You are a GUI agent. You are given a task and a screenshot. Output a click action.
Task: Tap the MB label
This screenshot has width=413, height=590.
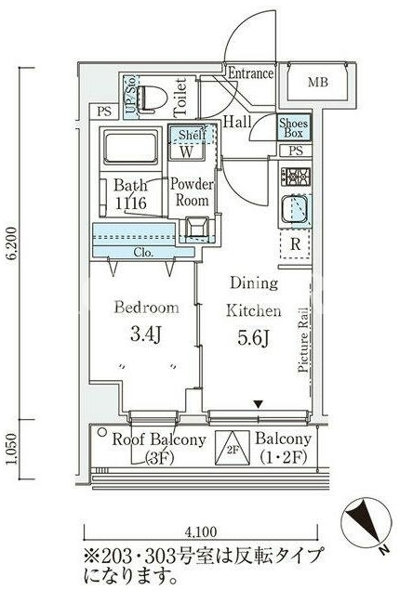[x=318, y=82]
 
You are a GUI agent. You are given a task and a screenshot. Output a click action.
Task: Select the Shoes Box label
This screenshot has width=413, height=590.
[x=294, y=128]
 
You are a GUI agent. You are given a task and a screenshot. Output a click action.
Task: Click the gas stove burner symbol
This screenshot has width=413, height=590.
[x=295, y=177]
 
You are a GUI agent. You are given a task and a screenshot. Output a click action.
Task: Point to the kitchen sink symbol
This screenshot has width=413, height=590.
[x=295, y=209]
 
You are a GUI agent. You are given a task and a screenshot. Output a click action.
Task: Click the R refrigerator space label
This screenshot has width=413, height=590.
[x=296, y=244]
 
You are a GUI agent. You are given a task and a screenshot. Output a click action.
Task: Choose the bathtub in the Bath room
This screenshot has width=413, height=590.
[x=131, y=147]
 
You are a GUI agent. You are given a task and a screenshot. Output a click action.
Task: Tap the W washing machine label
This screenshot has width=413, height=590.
[x=186, y=151]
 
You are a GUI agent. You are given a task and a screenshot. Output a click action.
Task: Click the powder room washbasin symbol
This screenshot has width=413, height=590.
[x=196, y=228]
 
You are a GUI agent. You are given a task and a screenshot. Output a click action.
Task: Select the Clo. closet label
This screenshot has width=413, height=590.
[x=143, y=252]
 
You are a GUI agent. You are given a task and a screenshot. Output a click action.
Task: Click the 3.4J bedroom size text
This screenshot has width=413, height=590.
[x=146, y=334]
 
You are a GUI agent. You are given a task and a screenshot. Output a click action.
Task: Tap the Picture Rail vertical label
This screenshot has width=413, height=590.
[x=303, y=340]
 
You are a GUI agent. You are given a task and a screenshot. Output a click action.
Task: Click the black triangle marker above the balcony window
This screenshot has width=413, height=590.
[x=259, y=404]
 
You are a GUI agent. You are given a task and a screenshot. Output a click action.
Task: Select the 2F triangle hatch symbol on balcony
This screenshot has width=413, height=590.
[x=233, y=448]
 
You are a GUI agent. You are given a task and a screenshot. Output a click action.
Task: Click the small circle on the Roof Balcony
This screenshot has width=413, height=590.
[x=101, y=432]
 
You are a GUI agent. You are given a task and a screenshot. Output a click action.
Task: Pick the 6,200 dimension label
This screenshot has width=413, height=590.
[x=12, y=243]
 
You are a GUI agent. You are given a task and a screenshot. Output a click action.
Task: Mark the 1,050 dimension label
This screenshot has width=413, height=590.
[x=12, y=450]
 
